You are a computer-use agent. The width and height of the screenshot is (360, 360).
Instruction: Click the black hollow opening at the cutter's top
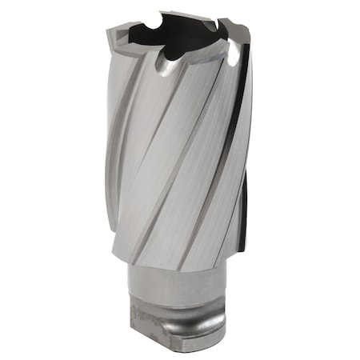point(172,34)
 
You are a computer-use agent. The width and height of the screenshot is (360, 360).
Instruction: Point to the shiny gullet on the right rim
point(234,54)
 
